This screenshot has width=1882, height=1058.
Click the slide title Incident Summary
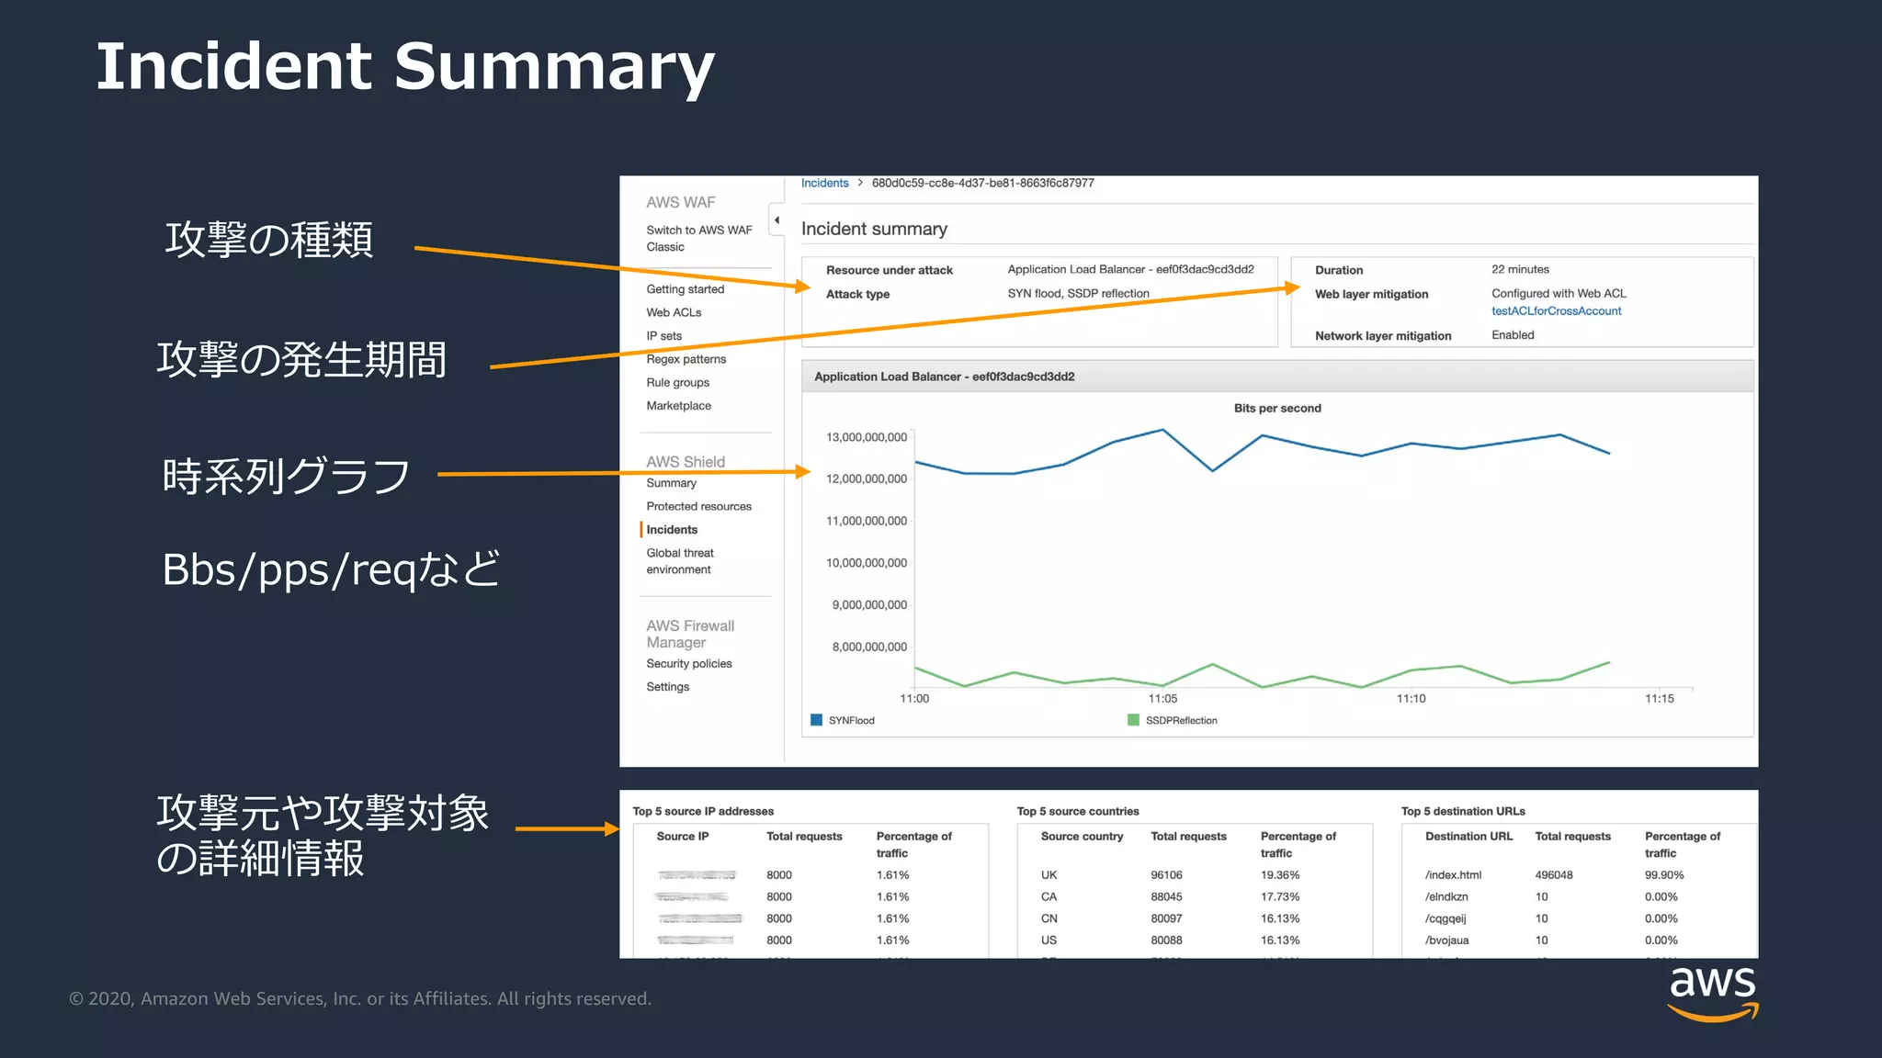(404, 67)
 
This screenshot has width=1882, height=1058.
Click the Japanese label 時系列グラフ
(286, 476)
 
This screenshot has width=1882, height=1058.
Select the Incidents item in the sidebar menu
(672, 530)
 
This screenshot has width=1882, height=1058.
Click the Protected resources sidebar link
(698, 506)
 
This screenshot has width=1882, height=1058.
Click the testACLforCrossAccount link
(1556, 311)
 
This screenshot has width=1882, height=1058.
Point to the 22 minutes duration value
(1520, 269)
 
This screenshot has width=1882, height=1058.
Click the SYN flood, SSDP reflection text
(1078, 294)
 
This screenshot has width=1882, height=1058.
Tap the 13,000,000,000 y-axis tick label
(866, 437)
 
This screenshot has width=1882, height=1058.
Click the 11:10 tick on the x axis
(1411, 699)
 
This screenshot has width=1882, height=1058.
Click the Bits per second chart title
(1277, 409)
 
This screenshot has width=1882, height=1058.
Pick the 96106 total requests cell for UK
(1166, 875)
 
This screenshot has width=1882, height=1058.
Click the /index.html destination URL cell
(1453, 875)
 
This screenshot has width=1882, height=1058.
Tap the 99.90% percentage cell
(1663, 875)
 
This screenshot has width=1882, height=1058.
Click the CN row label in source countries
(1049, 918)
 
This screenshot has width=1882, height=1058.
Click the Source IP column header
(682, 837)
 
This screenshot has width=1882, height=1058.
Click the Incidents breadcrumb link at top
(824, 184)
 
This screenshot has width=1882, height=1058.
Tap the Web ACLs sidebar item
(674, 312)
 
